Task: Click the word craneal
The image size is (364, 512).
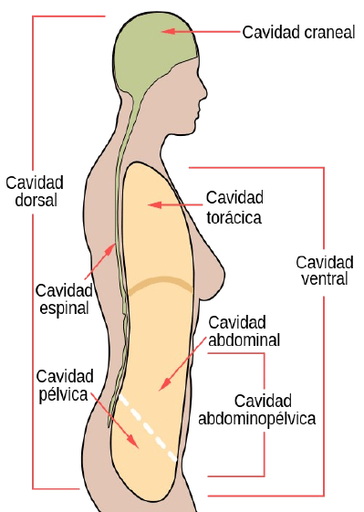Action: (x=328, y=33)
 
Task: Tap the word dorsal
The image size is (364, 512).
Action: (x=36, y=200)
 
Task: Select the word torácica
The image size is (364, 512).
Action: (x=234, y=217)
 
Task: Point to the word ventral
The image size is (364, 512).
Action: (x=325, y=279)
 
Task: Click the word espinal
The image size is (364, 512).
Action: (x=64, y=308)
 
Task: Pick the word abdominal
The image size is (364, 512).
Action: (x=244, y=340)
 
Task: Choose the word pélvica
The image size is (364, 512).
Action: (x=63, y=394)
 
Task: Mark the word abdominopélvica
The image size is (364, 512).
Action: (x=257, y=419)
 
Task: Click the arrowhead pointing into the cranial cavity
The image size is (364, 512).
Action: (x=168, y=31)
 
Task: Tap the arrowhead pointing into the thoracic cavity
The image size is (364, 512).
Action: (x=154, y=205)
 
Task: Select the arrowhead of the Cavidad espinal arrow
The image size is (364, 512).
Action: (x=110, y=250)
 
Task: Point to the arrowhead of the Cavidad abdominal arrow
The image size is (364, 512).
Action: (x=165, y=384)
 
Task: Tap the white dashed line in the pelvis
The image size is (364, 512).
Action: (x=148, y=428)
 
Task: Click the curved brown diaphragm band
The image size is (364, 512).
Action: (x=161, y=279)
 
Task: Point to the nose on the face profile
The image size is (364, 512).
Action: (x=203, y=92)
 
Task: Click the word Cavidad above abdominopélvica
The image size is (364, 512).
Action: (x=263, y=402)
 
